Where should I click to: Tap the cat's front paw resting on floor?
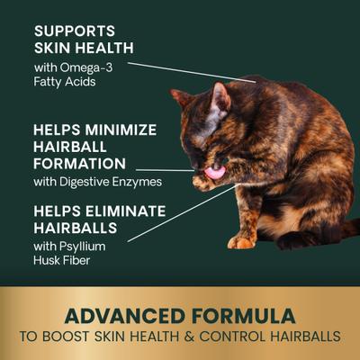pyautogui.click(x=240, y=241)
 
